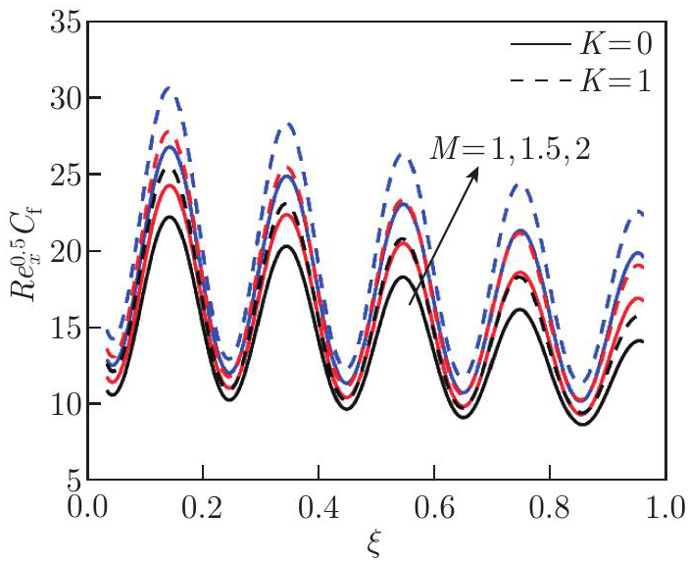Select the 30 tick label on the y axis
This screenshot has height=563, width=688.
point(62,98)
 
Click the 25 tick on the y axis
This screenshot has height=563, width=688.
point(62,175)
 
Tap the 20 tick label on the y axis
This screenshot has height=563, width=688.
point(62,251)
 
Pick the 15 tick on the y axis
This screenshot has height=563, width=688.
point(62,328)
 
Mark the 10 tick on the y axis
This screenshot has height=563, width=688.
point(62,404)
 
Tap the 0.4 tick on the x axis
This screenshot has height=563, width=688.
point(319,510)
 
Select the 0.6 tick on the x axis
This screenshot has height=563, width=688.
point(434,510)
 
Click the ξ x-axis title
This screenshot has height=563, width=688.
point(377,544)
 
